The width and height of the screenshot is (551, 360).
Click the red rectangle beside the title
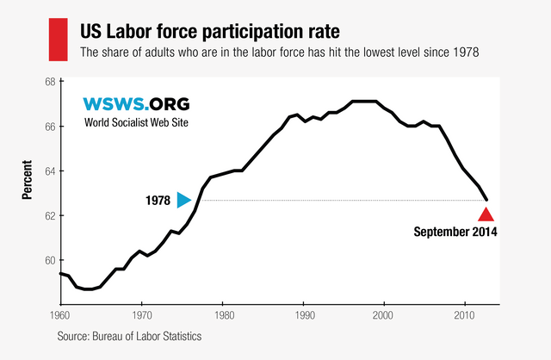pos(57,40)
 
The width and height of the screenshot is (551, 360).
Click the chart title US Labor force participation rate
pos(210,32)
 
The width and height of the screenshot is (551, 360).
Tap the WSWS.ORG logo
pos(135,104)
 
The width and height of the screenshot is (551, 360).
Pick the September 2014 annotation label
pos(455,232)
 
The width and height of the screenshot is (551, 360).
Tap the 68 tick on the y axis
pos(49,82)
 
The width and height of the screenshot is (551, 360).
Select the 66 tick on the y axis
pos(49,127)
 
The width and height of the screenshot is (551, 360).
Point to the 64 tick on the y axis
pos(49,171)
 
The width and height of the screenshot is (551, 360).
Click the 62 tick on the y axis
pos(49,216)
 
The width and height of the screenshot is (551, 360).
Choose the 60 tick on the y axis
pos(49,261)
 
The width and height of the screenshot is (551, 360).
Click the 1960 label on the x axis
pos(60,315)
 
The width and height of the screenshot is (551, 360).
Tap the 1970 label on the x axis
pos(142,315)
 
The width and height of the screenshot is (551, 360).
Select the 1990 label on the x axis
pos(303,315)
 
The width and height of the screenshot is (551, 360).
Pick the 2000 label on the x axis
pos(384,315)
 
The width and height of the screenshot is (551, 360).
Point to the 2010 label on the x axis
pos(465,315)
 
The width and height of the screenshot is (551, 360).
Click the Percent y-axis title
pos(27,179)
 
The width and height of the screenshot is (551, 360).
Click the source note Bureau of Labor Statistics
pos(130,336)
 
